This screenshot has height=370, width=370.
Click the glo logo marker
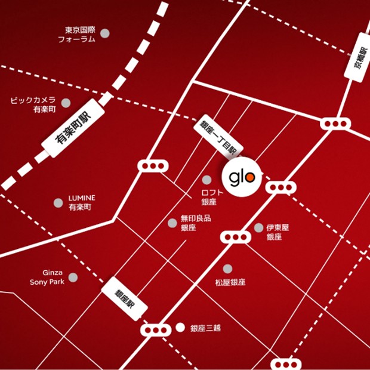[242, 177]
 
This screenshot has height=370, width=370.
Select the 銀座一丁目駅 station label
[218, 135]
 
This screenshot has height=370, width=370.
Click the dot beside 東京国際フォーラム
[106, 33]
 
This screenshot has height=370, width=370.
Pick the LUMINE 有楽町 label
[81, 203]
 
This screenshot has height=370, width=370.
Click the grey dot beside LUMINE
[58, 203]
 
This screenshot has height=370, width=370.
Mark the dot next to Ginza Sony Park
[73, 277]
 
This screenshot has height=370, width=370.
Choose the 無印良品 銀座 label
[196, 223]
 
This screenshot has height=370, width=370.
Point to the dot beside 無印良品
[172, 223]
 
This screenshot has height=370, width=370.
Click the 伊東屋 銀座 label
[277, 232]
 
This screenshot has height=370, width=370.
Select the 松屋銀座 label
[230, 282]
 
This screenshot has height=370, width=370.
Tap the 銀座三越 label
[206, 328]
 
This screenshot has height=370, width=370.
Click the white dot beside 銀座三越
[181, 328]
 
